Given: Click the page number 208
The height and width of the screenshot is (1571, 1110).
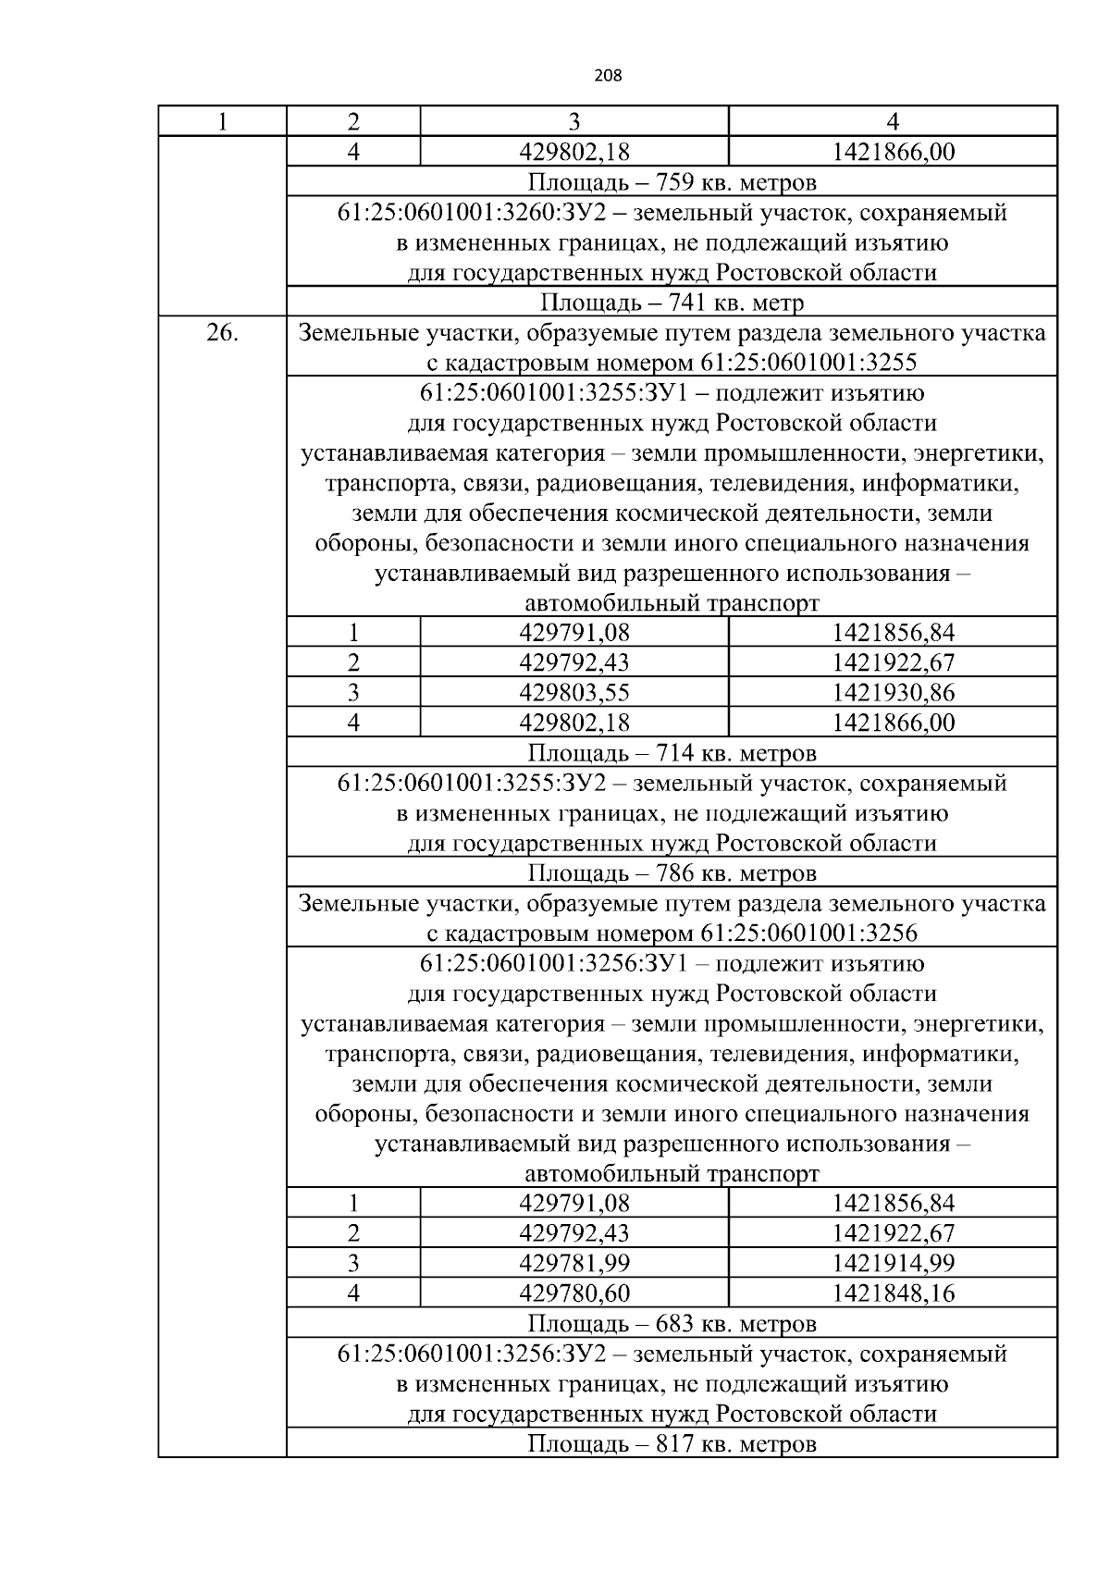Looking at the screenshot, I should [x=608, y=76].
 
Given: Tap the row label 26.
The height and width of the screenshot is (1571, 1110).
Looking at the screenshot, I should [x=222, y=333].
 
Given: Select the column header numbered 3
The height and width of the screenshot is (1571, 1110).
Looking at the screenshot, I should [x=574, y=122].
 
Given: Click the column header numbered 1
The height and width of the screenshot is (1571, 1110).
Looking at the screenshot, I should [x=222, y=122].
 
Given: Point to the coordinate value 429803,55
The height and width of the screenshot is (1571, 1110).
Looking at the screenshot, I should [x=574, y=692].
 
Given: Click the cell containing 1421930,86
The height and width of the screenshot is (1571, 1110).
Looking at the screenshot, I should [x=893, y=692].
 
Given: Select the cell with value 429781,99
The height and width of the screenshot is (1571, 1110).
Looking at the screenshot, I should [x=574, y=1263].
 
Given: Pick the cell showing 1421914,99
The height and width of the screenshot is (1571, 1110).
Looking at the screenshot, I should [x=893, y=1263].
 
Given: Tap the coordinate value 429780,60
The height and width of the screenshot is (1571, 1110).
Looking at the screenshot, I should [x=574, y=1293].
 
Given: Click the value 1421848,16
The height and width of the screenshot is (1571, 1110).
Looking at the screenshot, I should [x=893, y=1293].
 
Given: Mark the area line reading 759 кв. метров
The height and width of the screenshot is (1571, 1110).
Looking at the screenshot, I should [x=672, y=181].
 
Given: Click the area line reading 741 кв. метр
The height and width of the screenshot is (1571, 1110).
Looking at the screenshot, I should [x=672, y=303].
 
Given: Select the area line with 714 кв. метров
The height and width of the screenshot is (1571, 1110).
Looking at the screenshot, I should [x=672, y=752].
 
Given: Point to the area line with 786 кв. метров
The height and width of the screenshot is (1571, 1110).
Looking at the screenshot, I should [x=672, y=873].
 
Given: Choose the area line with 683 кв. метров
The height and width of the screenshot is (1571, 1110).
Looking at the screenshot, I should [x=672, y=1323].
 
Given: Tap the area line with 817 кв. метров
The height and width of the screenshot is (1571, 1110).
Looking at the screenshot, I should [x=672, y=1443].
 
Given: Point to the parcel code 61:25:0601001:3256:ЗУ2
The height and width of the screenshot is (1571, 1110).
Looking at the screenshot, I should [x=471, y=1355].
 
